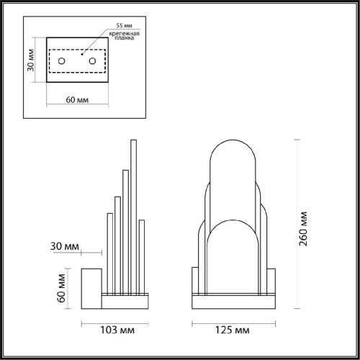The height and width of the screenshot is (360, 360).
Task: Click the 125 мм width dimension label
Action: (x=232, y=330)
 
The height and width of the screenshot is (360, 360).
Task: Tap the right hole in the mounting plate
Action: (x=93, y=62)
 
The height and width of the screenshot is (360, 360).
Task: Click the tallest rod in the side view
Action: (x=132, y=216)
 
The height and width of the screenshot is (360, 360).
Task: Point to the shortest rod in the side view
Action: (x=109, y=252)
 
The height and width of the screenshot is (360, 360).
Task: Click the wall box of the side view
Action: (x=91, y=286)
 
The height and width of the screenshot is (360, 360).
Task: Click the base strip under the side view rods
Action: (x=126, y=295)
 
